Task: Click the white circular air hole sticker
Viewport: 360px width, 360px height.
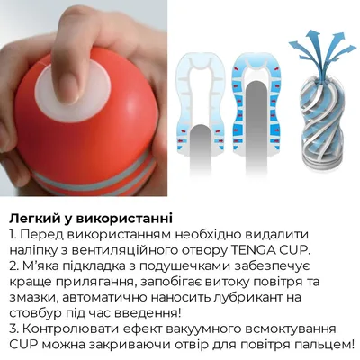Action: point(73,87)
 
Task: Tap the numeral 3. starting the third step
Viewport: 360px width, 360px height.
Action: point(13,328)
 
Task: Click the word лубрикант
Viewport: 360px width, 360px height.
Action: point(250,298)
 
